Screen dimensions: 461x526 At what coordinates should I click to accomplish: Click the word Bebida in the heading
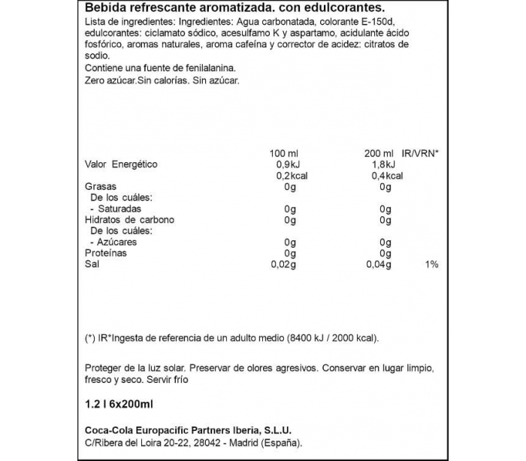click(101, 9)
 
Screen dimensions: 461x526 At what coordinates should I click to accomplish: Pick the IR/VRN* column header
click(421, 153)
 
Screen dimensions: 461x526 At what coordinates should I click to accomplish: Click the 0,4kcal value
click(386, 176)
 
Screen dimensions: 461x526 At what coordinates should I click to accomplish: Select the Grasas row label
click(99, 187)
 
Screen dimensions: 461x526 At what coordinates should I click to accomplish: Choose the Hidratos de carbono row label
click(130, 221)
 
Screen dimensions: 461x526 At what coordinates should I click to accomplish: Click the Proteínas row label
click(106, 254)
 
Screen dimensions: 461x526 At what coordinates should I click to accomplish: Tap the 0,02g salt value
click(283, 265)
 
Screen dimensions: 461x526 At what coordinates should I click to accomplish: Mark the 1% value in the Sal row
click(431, 265)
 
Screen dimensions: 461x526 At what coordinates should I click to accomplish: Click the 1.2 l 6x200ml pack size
click(119, 405)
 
